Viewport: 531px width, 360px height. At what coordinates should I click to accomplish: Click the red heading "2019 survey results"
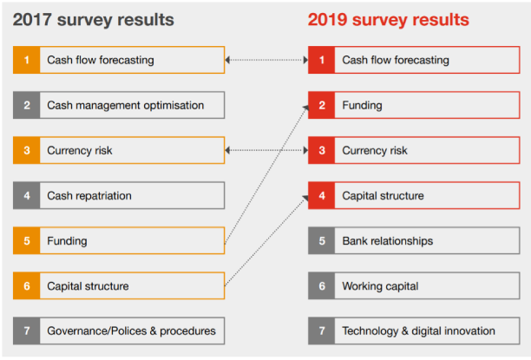click(x=389, y=19)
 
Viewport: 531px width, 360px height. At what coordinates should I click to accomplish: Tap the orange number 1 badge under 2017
click(x=26, y=60)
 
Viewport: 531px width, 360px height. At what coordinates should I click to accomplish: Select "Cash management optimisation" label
click(x=126, y=105)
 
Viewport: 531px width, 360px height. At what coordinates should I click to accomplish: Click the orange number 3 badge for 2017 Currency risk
click(x=26, y=150)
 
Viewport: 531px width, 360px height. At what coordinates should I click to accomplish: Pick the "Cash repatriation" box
click(x=119, y=195)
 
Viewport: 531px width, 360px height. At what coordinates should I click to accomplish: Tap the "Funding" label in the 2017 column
click(x=67, y=240)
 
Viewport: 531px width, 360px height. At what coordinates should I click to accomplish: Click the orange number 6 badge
click(x=26, y=285)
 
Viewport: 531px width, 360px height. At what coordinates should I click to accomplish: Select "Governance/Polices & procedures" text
click(x=131, y=331)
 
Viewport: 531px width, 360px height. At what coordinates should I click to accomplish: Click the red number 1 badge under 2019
click(x=321, y=60)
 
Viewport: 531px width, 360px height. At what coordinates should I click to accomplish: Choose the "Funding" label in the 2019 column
click(x=363, y=105)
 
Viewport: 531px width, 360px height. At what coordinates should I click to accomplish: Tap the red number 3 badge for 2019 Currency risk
click(x=321, y=150)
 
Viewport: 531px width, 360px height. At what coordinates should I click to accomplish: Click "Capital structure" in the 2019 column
click(x=383, y=195)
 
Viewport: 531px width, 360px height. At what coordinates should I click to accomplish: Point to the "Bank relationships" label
click(x=387, y=240)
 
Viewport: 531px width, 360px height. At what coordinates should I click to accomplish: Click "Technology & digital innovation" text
click(x=418, y=331)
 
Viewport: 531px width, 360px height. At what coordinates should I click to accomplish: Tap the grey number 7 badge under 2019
click(x=321, y=331)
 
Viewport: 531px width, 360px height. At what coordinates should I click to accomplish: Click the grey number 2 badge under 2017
click(x=26, y=105)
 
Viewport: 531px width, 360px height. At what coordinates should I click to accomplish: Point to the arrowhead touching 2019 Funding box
click(x=305, y=108)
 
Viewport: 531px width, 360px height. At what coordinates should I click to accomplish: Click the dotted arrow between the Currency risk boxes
click(x=266, y=150)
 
